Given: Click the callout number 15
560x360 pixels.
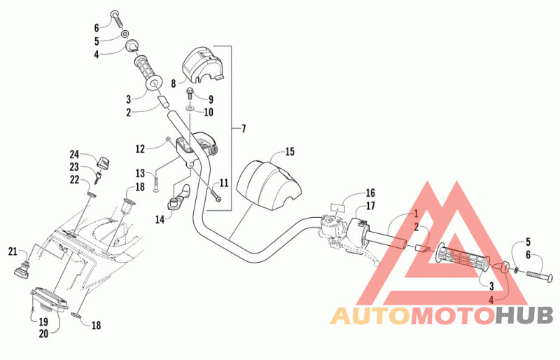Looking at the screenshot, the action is point(290,151).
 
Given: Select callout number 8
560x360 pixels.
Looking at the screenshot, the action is point(174,83).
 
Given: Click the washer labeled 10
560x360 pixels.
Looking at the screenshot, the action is point(190,108).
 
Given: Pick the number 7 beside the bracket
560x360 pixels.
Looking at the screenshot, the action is point(244,128).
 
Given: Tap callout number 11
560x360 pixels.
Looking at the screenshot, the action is point(223,183).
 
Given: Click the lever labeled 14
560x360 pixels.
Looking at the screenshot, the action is point(179,198).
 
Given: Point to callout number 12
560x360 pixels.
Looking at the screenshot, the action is point(140,148).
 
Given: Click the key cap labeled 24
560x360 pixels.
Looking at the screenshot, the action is point(104,163).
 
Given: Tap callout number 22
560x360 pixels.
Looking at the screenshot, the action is point(74,179).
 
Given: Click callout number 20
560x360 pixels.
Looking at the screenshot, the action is point(43,333).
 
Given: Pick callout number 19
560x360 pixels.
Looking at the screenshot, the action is point(43,321).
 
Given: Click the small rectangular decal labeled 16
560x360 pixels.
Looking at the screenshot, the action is point(338,208).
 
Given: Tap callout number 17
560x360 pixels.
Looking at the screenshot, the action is point(370,205).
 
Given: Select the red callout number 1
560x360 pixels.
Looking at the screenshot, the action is point(416,214).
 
